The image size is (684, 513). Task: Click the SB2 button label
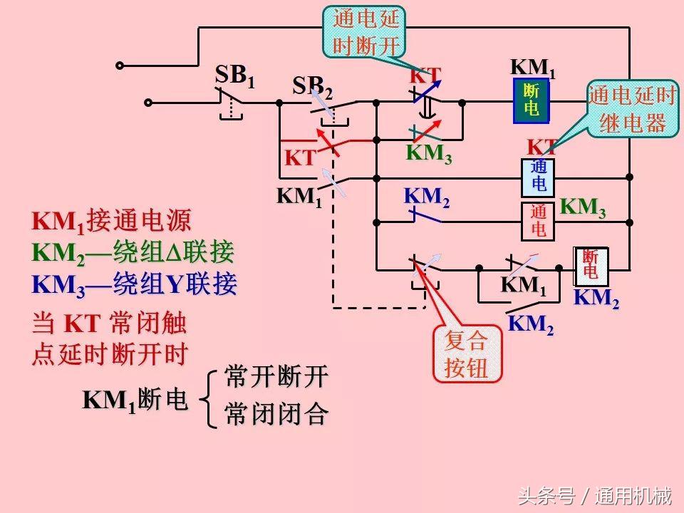tap(313, 88)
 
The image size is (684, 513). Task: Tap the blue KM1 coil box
tap(532, 100)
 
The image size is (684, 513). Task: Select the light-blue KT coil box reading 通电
tap(539, 176)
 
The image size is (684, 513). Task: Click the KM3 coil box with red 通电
tap(539, 221)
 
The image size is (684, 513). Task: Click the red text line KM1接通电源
tap(112, 222)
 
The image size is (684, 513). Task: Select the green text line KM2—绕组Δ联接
tap(133, 253)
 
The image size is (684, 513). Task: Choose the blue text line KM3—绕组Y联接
tap(135, 284)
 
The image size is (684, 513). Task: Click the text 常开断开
tap(276, 377)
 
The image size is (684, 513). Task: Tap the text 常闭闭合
tap(276, 414)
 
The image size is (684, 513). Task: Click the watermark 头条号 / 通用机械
tap(594, 495)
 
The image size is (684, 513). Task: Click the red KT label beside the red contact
tap(300, 158)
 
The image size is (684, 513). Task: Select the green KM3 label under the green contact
tap(429, 154)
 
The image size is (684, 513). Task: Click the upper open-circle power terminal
tap(120, 66)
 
